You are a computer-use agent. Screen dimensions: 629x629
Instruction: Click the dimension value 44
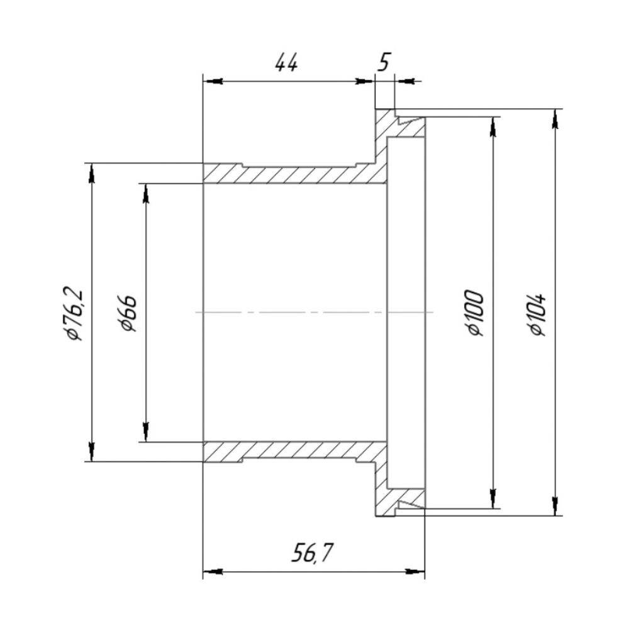287,63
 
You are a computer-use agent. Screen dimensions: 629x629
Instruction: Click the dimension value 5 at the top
384,63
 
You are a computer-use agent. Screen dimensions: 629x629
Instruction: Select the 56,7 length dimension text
313,553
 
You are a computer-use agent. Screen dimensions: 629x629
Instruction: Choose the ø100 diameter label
476,313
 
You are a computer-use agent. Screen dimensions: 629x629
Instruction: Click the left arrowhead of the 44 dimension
213,81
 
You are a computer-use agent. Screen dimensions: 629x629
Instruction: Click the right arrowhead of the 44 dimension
365,81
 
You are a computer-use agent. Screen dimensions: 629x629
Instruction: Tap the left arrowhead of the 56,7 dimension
213,571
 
